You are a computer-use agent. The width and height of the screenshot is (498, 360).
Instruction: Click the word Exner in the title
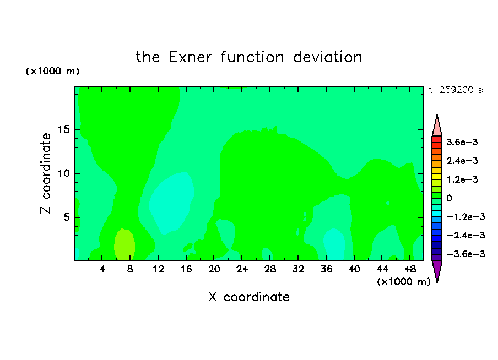click(190, 57)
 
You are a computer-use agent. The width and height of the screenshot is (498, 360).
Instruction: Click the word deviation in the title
click(327, 57)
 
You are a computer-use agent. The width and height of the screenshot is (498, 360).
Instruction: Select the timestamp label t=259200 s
click(456, 90)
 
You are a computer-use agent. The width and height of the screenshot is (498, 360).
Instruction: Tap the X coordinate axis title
click(249, 297)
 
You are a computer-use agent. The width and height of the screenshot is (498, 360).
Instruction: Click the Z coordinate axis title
click(46, 173)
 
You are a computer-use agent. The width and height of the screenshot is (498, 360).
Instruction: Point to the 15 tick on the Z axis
click(63, 129)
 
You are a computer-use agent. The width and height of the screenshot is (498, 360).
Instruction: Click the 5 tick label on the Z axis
click(66, 217)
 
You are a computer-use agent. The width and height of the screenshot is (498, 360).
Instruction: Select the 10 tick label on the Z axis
click(63, 173)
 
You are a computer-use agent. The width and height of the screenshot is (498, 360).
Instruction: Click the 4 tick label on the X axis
click(102, 269)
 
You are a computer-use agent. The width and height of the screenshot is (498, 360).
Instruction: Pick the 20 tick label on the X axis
click(214, 269)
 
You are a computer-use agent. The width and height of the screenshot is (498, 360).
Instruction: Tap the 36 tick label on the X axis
click(326, 269)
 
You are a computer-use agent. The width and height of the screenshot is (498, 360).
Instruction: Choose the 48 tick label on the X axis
click(410, 269)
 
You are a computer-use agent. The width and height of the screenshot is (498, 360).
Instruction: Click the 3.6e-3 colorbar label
click(462, 142)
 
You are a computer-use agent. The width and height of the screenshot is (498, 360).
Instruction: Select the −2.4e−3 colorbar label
click(465, 236)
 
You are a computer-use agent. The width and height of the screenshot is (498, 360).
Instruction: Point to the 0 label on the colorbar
click(449, 198)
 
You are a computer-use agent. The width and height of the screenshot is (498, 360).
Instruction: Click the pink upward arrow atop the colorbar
click(437, 126)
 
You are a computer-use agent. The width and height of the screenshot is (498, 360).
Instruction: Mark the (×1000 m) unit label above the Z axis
click(52, 71)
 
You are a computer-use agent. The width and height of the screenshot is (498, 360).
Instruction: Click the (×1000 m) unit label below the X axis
click(403, 282)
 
